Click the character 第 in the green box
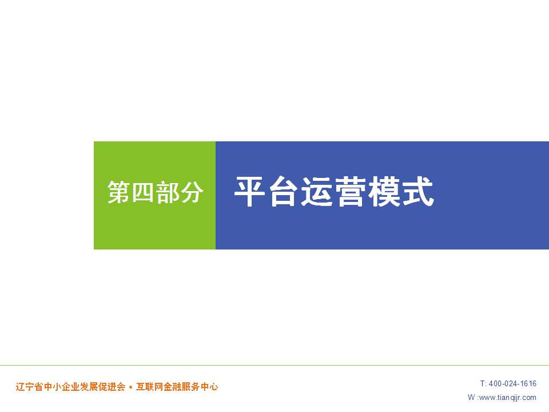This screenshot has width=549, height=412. [119, 192]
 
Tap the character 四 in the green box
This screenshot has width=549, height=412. [143, 192]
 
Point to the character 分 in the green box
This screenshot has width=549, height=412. [192, 192]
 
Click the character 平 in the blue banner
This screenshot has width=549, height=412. [250, 192]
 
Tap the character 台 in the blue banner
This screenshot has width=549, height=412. [283, 192]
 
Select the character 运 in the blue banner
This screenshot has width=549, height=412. [316, 192]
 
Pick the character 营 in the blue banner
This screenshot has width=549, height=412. [350, 192]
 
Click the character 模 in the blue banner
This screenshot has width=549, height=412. [383, 192]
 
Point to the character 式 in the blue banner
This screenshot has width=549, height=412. [417, 192]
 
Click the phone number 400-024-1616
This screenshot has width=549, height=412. [512, 383]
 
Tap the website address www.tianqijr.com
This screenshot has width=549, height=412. [508, 398]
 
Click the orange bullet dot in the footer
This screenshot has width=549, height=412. [130, 387]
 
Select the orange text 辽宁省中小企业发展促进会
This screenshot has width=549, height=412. [70, 387]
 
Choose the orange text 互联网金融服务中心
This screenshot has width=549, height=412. [177, 387]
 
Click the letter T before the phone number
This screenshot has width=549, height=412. [483, 383]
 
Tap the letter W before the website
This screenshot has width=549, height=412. [471, 397]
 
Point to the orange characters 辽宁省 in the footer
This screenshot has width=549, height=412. [29, 387]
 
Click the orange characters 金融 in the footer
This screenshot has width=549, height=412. [172, 387]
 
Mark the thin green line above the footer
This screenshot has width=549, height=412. [274, 366]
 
